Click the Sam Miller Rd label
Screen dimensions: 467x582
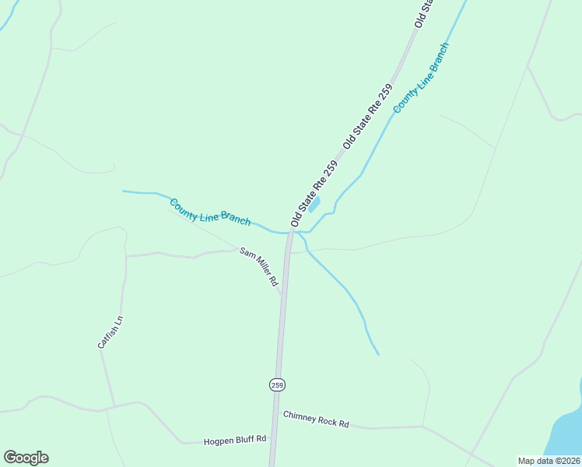259,267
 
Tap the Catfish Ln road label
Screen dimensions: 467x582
110,332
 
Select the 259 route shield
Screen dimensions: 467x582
278,384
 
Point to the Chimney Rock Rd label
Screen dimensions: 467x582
316,419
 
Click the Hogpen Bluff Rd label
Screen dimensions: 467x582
235,440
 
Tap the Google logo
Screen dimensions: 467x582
26,458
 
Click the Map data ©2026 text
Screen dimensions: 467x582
549,461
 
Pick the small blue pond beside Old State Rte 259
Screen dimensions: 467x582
314,205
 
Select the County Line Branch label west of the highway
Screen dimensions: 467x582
210,212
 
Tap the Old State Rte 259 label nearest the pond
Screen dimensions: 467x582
314,194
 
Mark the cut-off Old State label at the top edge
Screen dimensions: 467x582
422,14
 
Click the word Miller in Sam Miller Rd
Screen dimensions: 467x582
261,269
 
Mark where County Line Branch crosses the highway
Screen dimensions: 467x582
290,232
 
